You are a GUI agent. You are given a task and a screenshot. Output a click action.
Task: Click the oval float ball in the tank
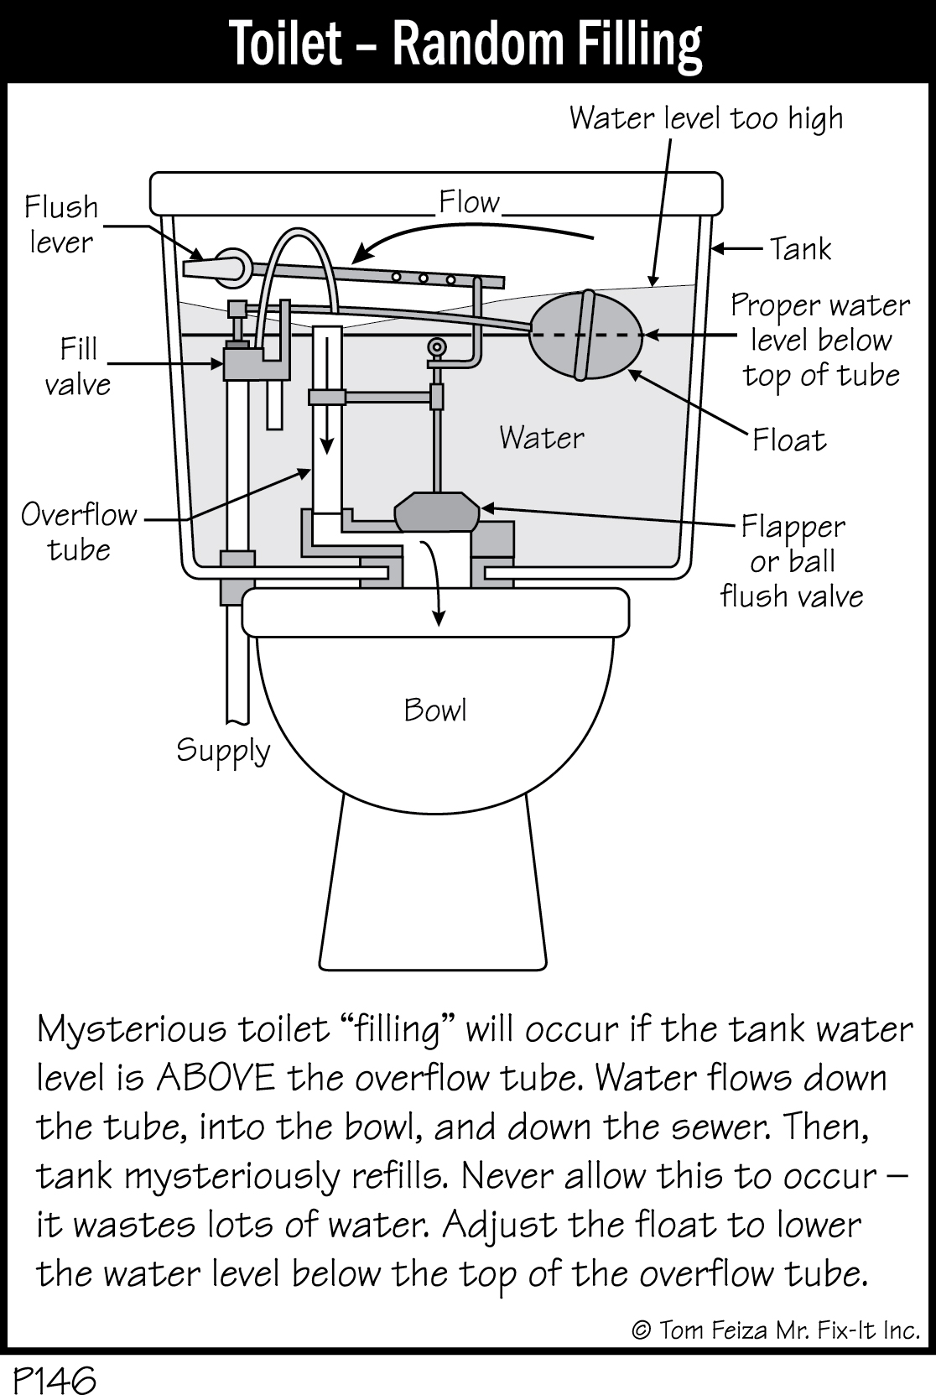point(586,335)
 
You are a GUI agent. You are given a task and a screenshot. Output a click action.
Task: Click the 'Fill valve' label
point(78,367)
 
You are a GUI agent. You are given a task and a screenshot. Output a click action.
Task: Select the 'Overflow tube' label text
point(79,531)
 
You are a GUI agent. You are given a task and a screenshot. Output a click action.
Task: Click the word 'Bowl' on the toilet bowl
point(434,710)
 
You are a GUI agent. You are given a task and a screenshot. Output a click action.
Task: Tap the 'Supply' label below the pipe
point(223,750)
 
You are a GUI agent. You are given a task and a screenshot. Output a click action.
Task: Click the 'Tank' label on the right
point(800,248)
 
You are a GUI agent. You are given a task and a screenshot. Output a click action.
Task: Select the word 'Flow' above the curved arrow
point(468,202)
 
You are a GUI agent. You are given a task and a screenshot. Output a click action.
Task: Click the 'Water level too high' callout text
point(706,118)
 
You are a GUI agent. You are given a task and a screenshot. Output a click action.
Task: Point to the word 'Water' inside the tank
point(541,437)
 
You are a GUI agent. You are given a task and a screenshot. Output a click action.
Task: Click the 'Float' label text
point(788,440)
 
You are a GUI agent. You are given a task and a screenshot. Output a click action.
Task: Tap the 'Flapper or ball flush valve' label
point(791,561)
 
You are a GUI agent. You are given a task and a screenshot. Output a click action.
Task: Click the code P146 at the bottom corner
point(54,1377)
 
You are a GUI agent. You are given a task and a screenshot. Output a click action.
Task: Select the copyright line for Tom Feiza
point(775,1330)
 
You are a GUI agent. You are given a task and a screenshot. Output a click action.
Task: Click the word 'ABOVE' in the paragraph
point(215,1078)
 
